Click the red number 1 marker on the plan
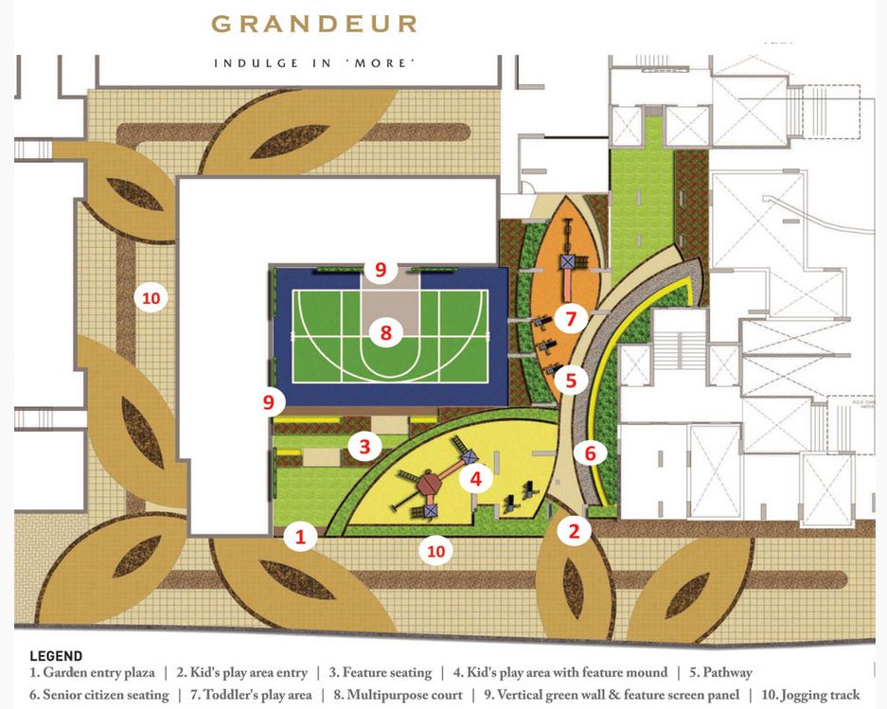[301, 537]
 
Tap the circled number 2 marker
[574, 531]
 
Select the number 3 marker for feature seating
[364, 444]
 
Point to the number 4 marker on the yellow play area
[476, 479]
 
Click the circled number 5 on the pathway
[571, 381]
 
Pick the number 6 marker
[590, 453]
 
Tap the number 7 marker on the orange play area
[571, 318]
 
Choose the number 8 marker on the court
[385, 333]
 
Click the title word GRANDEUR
[313, 24]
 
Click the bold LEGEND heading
[56, 656]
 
